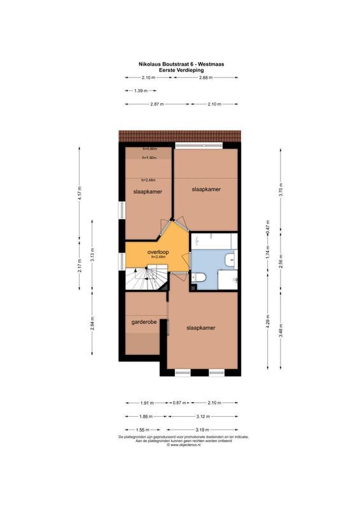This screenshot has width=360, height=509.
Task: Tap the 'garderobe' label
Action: [x=144, y=322]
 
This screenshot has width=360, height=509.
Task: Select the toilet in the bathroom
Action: [x=198, y=278]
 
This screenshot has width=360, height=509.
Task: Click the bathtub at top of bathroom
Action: [x=214, y=241]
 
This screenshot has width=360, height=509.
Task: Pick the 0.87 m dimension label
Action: [x=179, y=403]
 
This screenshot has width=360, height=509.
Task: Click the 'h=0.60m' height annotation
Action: [x=149, y=149]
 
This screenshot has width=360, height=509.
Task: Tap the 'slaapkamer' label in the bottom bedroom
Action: [x=200, y=328]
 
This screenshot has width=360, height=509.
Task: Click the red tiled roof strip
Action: [x=180, y=136]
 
